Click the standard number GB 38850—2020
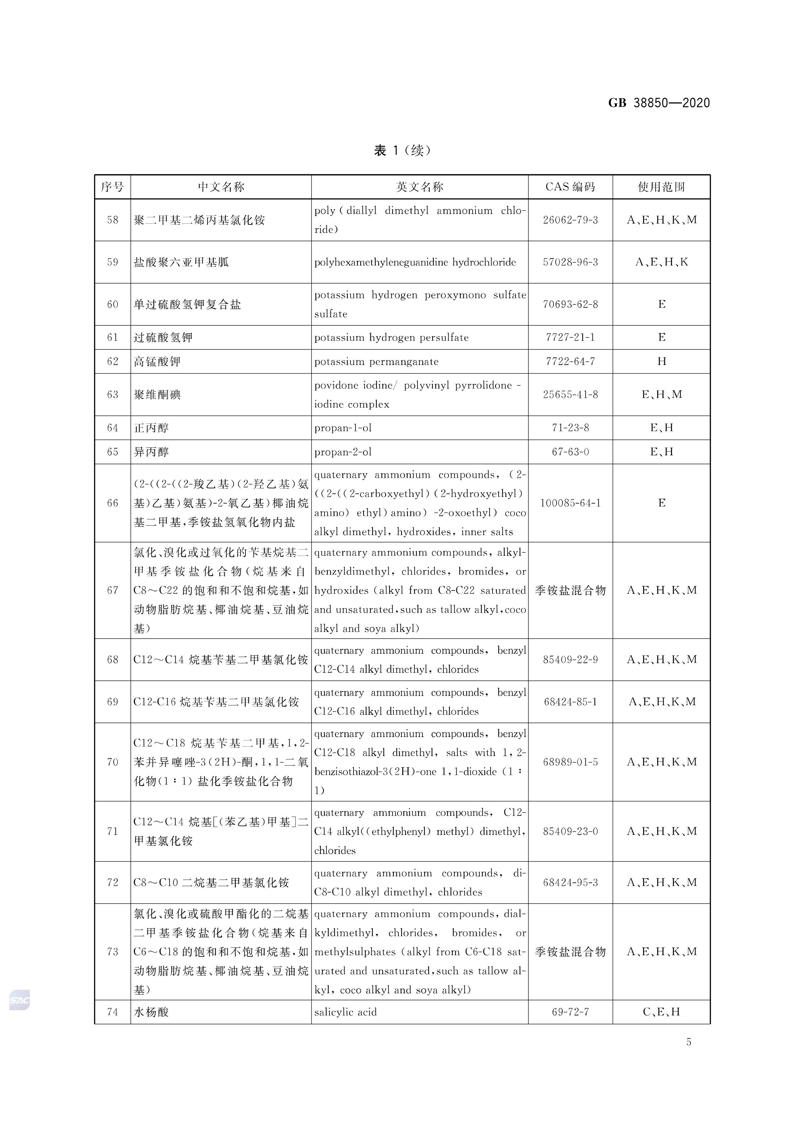(x=658, y=103)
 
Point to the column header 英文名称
(x=419, y=187)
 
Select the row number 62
(x=112, y=362)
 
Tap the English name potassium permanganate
(x=376, y=362)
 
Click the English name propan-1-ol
(x=343, y=428)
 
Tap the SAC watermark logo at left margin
(x=20, y=1000)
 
